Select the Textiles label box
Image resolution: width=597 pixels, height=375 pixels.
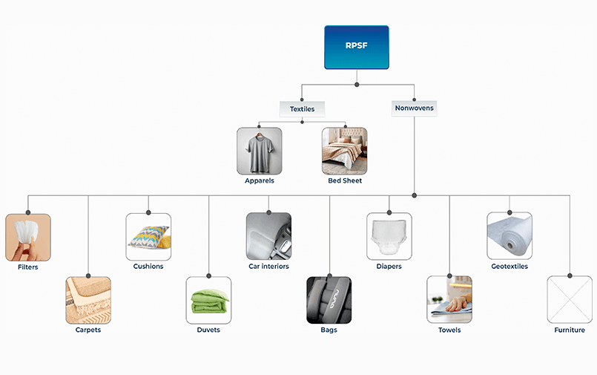coord(302,108)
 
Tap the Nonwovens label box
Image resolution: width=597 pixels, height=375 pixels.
coord(414,108)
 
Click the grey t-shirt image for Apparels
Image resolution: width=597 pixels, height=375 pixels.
coord(260,151)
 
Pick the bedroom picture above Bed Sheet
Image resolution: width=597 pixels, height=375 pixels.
coord(345,151)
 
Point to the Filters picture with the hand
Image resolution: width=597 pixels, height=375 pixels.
coord(28,237)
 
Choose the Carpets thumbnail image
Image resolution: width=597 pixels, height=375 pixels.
coord(88,300)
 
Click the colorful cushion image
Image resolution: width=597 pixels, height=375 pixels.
coord(148,237)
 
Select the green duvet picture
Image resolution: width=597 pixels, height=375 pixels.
coord(208,300)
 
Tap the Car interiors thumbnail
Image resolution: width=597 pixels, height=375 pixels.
coord(268,237)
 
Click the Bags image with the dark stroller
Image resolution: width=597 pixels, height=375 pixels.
coord(329,300)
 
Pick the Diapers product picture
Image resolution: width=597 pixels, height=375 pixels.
coord(389,237)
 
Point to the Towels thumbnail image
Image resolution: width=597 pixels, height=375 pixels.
coord(449,300)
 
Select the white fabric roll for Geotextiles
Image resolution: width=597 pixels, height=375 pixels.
coord(509,237)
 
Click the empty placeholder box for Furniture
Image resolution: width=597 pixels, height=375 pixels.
coord(570,300)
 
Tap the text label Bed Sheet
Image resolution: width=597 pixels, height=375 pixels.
coord(345,180)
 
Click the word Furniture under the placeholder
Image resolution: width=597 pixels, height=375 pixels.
coord(570,330)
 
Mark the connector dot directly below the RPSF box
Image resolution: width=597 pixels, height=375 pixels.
coord(357,85)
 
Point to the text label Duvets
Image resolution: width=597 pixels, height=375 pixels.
coord(208,330)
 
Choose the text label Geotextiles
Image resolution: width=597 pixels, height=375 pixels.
coord(509,266)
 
